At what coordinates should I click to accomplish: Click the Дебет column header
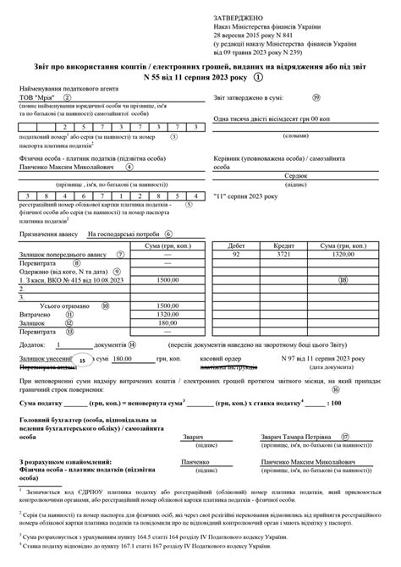tap(237, 245)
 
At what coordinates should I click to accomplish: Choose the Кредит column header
tap(283, 245)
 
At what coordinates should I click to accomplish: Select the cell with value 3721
tap(283, 253)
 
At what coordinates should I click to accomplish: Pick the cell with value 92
tap(237, 253)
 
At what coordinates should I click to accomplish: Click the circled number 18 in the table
tap(343, 279)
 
